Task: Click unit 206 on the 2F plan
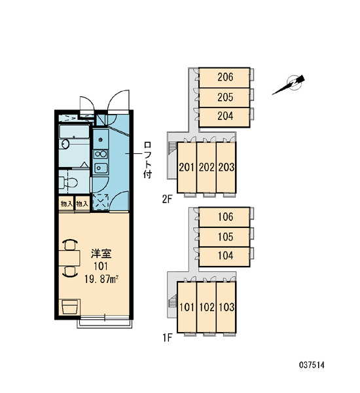pyautogui.click(x=225, y=78)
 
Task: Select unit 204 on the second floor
pyautogui.click(x=225, y=117)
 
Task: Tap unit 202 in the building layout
pyautogui.click(x=206, y=168)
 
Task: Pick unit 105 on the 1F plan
pyautogui.click(x=225, y=237)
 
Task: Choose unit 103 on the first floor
pyautogui.click(x=226, y=307)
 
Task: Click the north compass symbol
pyautogui.click(x=290, y=84)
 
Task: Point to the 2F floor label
pyautogui.click(x=168, y=200)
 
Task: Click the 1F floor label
pyautogui.click(x=168, y=338)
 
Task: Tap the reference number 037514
pyautogui.click(x=312, y=365)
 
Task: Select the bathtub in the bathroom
pyautogui.click(x=74, y=132)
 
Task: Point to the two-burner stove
pyautogui.click(x=101, y=154)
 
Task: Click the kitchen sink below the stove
pyautogui.click(x=101, y=168)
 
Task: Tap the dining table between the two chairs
pyautogui.click(x=69, y=258)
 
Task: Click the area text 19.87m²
pyautogui.click(x=101, y=279)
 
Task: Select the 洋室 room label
pyautogui.click(x=101, y=254)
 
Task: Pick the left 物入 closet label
pyautogui.click(x=67, y=204)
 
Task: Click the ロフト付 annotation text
pyautogui.click(x=148, y=160)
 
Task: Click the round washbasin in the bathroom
pyautogui.click(x=65, y=144)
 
